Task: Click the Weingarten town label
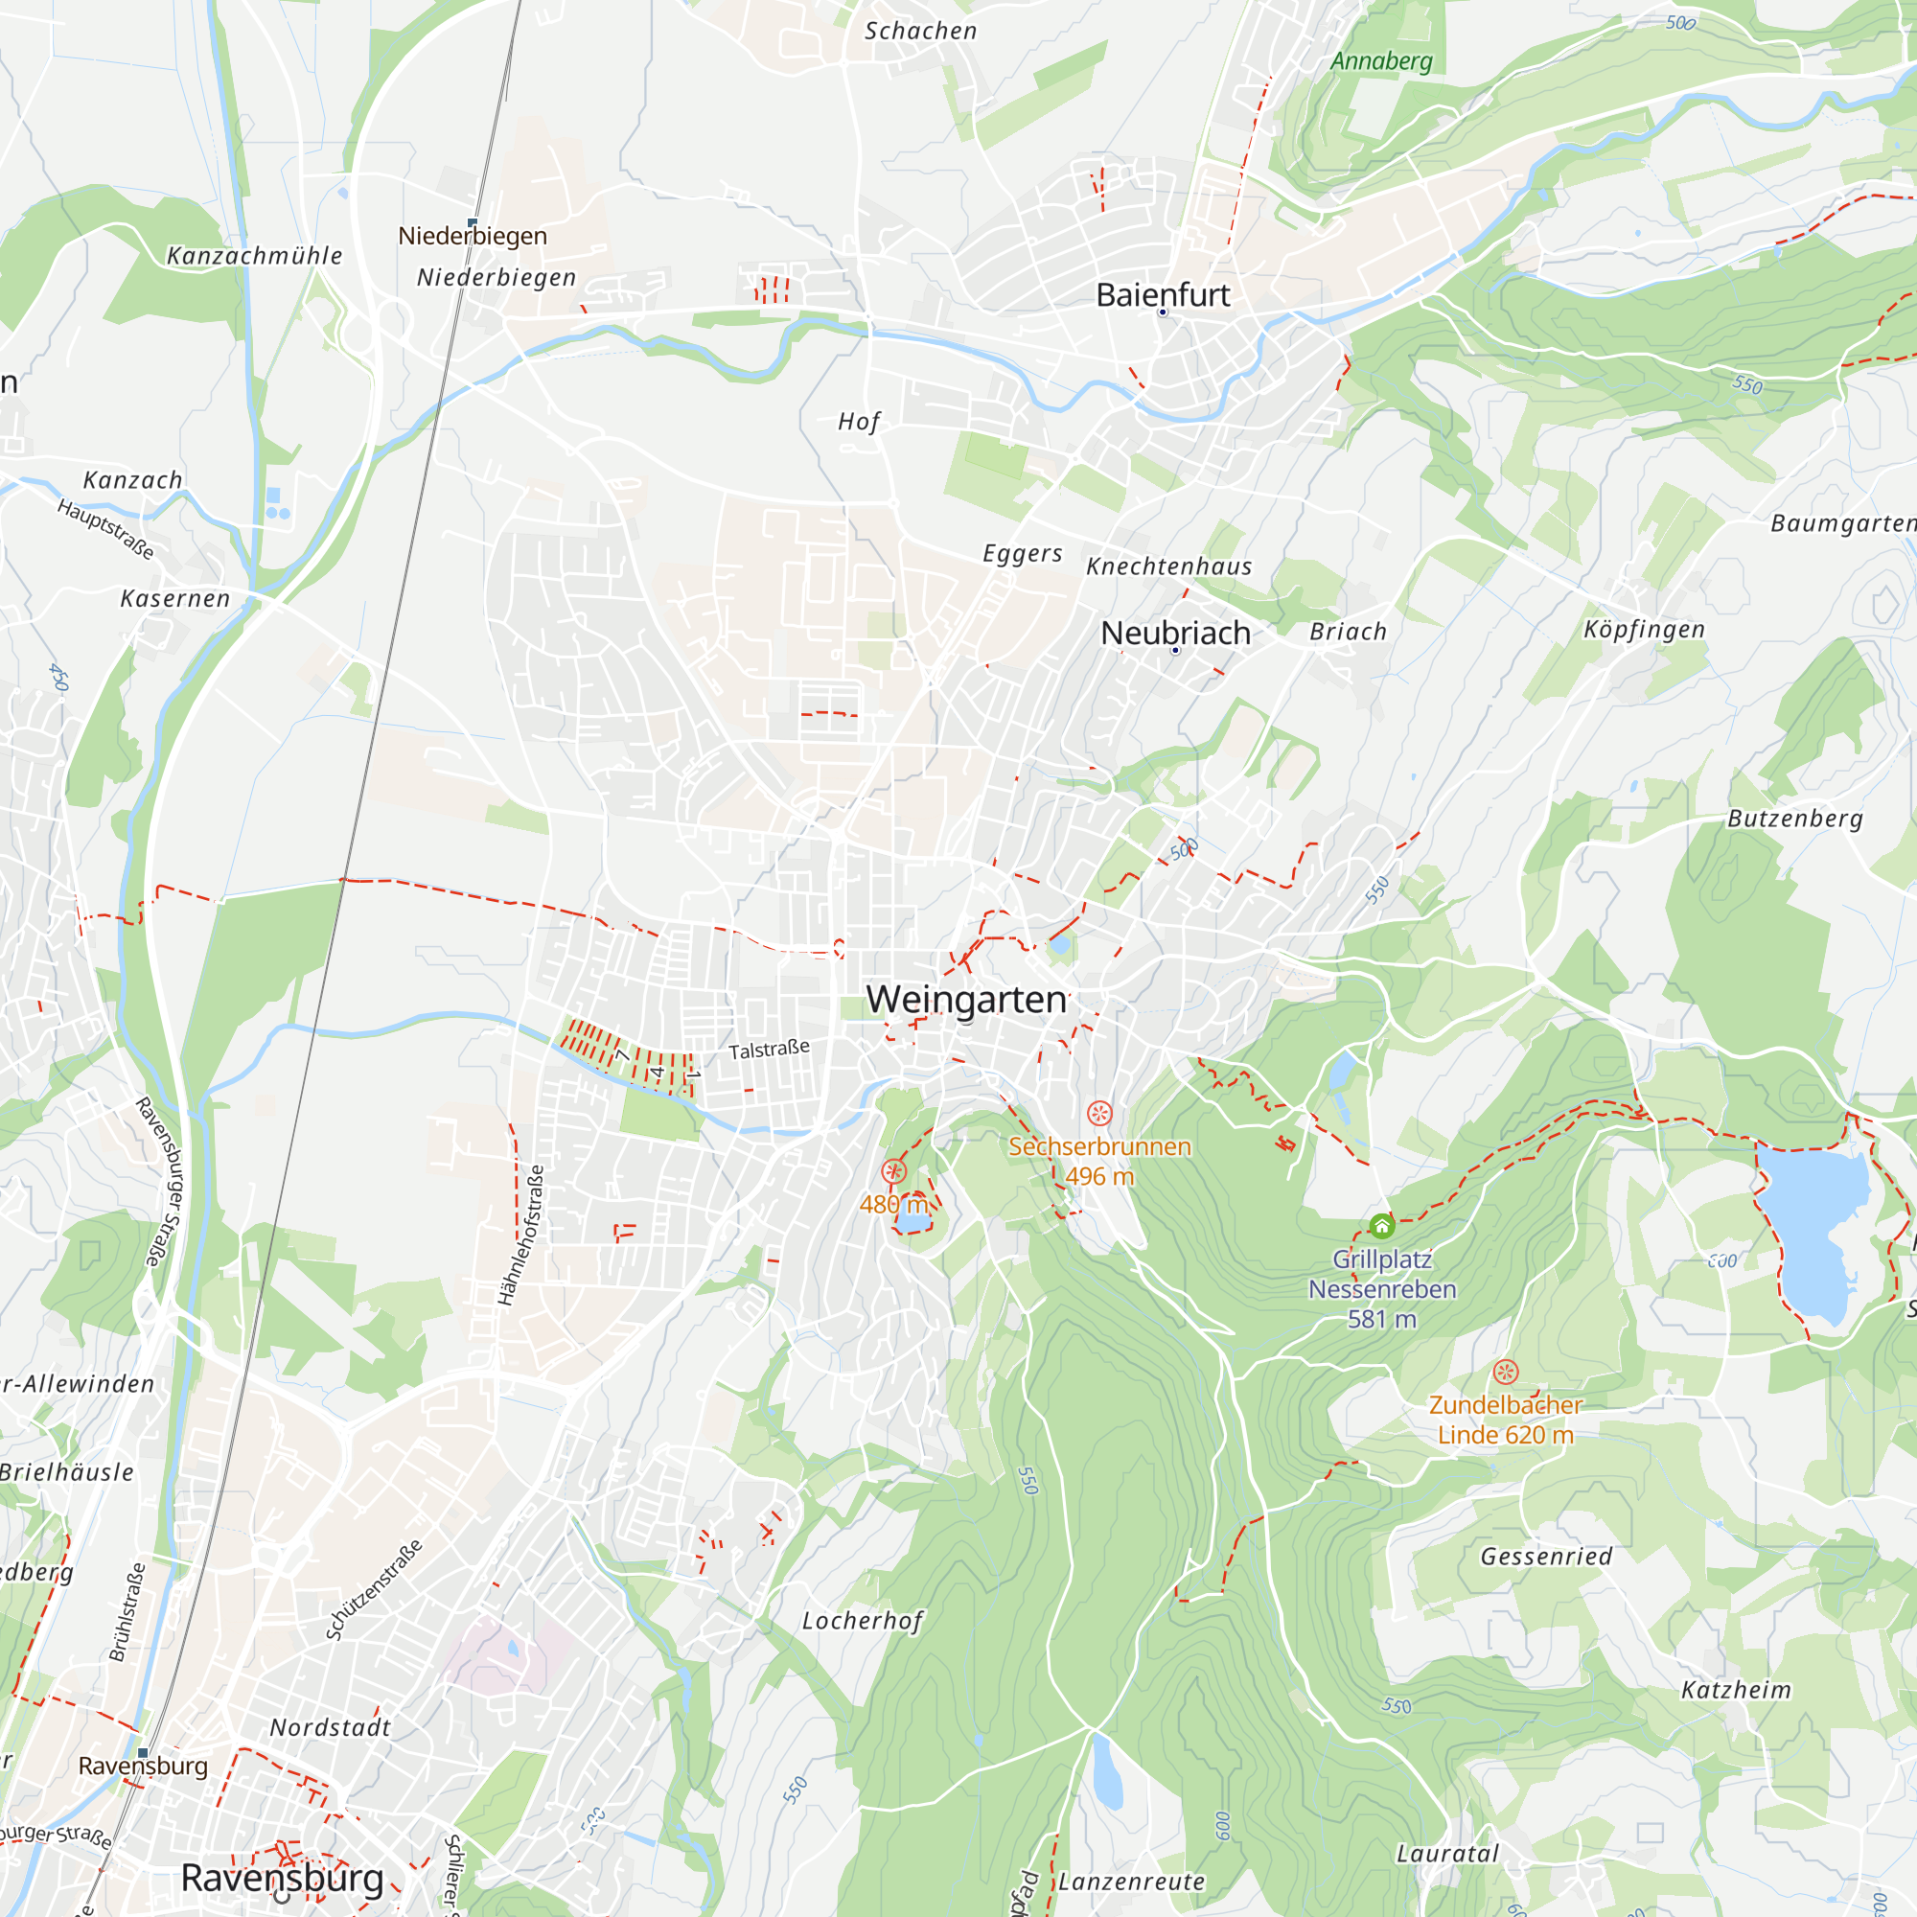tap(965, 999)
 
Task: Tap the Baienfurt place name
tap(1162, 294)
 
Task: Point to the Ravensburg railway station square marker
tap(143, 1753)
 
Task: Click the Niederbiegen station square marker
tap(473, 222)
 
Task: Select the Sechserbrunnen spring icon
tap(1099, 1113)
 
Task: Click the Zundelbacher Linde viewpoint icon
tap(1505, 1373)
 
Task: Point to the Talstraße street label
tap(769, 1050)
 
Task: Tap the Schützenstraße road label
tap(374, 1589)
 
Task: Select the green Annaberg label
tap(1381, 61)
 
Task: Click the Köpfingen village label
tap(1643, 629)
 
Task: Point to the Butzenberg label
tap(1795, 819)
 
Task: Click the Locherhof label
tap(862, 1620)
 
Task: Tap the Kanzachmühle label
tap(254, 256)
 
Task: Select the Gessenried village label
tap(1546, 1556)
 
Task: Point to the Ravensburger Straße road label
tap(161, 1181)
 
